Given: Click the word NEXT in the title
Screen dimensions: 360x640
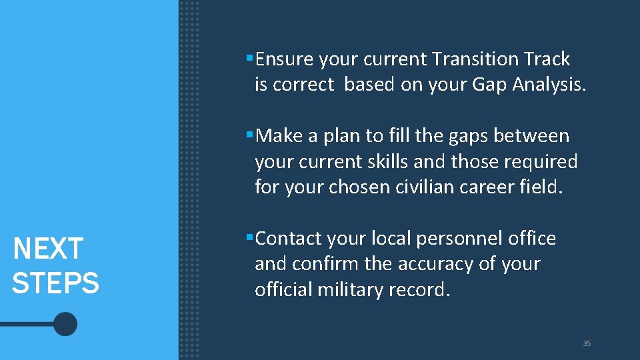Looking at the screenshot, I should tap(47, 249).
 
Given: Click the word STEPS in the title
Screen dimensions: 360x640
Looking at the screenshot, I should tap(55, 283).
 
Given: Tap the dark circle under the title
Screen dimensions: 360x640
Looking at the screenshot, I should tap(65, 325).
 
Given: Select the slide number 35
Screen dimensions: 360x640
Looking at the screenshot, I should tap(587, 343).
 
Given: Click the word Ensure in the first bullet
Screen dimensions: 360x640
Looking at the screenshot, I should tap(284, 59).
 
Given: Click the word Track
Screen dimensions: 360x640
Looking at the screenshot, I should tap(547, 59).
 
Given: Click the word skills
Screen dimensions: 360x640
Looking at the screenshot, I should tap(383, 162).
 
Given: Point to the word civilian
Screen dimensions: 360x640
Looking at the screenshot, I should tap(439, 187).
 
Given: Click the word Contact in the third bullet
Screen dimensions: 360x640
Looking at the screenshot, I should tap(288, 239).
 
